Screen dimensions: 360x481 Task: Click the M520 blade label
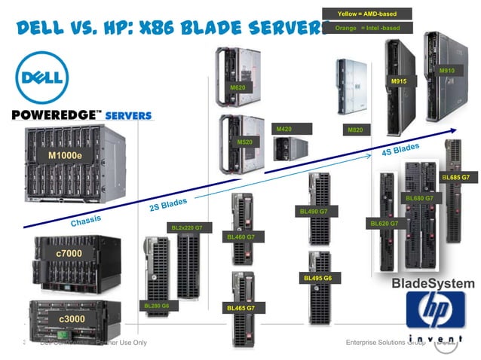point(245,142)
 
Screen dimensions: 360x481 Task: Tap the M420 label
point(283,130)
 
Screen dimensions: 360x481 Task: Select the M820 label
point(355,130)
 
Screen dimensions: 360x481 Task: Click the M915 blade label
point(400,81)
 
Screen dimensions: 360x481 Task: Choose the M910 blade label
point(447,71)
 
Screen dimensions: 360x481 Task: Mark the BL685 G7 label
point(455,177)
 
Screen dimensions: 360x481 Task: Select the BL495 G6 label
point(317,278)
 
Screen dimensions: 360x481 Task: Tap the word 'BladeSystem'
point(433,284)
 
